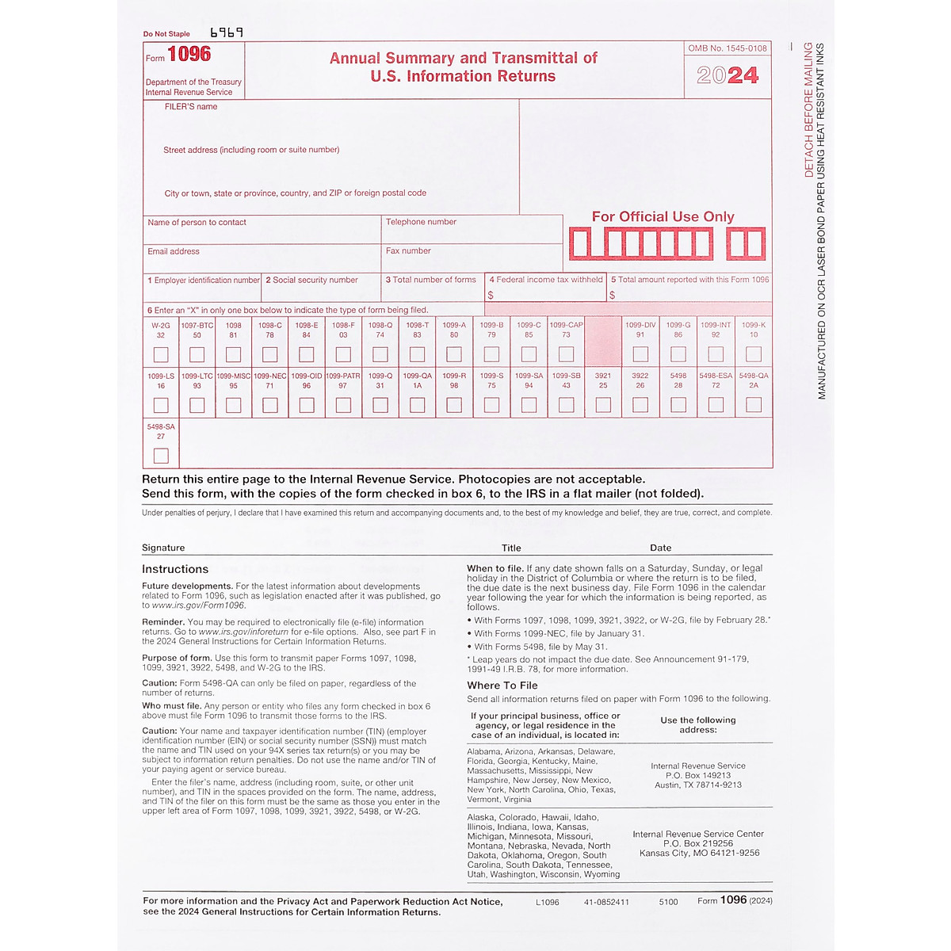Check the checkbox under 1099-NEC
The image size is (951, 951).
pos(270,405)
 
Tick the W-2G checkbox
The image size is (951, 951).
pos(161,354)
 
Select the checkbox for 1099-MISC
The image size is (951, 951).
pos(233,405)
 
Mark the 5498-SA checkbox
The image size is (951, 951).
pos(161,456)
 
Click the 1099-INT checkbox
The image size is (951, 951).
pos(716,354)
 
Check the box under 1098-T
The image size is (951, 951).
pos(418,354)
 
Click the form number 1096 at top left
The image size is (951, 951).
pos(189,54)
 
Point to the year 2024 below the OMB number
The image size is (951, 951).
pos(728,75)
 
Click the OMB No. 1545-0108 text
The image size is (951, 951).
pos(728,48)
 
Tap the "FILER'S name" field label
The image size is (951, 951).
pos(191,106)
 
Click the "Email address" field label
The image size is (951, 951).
pos(174,251)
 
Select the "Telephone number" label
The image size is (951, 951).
pos(421,222)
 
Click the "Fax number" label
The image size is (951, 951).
pos(408,250)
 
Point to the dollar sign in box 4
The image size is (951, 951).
pos(491,295)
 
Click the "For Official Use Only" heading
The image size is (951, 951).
pos(663,216)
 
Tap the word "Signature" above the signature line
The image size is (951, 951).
pos(163,548)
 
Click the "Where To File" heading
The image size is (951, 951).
pos(502,686)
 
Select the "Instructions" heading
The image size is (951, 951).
pos(175,569)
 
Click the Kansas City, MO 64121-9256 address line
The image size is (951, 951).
pos(699,853)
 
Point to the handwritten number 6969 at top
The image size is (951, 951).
pos(227,32)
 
